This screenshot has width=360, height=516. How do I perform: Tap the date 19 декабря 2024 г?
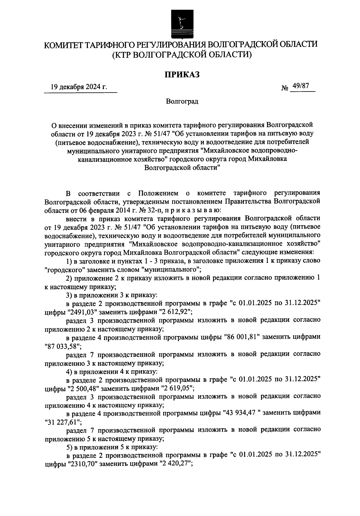pyautogui.click(x=79, y=87)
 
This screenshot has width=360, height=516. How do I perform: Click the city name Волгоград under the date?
pyautogui.click(x=182, y=101)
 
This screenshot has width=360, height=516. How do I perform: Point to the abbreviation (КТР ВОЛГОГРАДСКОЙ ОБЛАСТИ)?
pyautogui.click(x=181, y=55)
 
